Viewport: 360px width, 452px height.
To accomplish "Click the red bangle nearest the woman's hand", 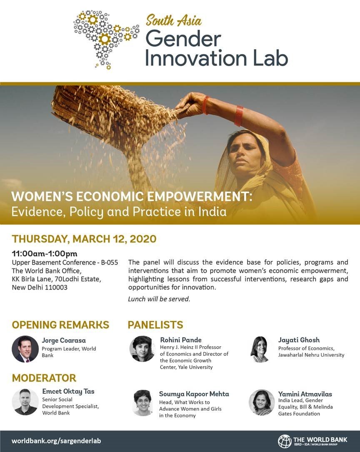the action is (x=205, y=105).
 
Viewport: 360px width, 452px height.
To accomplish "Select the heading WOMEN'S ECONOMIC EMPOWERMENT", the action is (x=132, y=196).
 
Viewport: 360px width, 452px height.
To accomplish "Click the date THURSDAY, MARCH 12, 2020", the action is (x=84, y=239).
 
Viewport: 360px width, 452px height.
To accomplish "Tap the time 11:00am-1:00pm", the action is (x=45, y=253).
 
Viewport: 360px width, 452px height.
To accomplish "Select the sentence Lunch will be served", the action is (x=159, y=299).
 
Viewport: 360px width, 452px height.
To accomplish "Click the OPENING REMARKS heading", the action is (x=60, y=325).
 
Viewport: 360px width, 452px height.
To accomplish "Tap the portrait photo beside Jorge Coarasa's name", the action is (x=25, y=349).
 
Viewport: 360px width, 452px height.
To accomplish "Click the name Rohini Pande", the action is (x=181, y=340).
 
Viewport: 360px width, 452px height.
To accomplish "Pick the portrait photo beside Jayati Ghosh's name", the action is (x=260, y=349).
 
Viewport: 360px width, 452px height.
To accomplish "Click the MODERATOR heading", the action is (x=44, y=378).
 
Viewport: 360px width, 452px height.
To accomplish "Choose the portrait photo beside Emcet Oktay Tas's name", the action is (x=25, y=402).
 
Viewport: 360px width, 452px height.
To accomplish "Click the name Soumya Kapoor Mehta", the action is (x=194, y=394).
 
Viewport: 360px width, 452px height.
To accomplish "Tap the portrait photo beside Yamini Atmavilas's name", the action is (x=262, y=402).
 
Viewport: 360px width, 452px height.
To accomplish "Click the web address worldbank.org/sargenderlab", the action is (x=56, y=441).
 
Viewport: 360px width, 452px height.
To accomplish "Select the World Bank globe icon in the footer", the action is (x=285, y=441).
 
